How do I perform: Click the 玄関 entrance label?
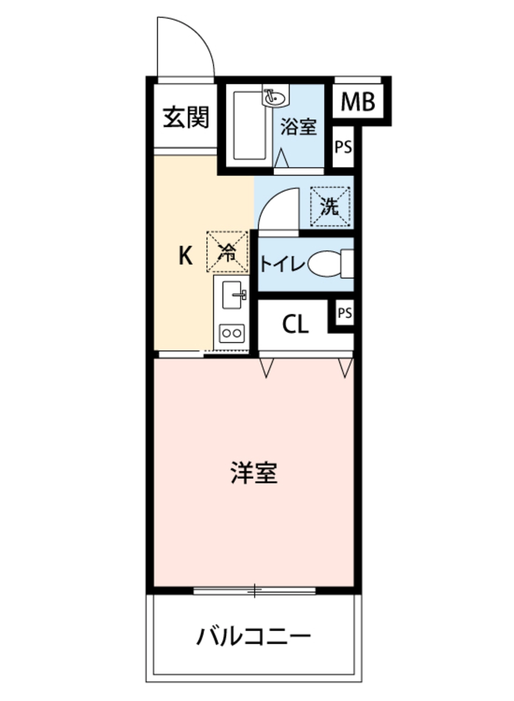(x=186, y=117)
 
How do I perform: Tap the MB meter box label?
(x=357, y=102)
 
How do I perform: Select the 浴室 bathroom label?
(x=298, y=127)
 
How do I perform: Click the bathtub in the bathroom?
(x=250, y=126)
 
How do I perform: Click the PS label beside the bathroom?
(x=343, y=147)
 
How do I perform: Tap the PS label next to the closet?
(x=345, y=313)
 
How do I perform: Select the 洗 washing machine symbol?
(x=330, y=207)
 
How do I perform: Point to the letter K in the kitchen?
(x=185, y=256)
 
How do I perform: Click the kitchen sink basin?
(x=232, y=295)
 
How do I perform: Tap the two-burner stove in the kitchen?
(x=232, y=333)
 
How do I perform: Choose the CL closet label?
(x=295, y=324)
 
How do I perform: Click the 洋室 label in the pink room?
(x=254, y=473)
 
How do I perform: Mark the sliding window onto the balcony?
(x=254, y=591)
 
